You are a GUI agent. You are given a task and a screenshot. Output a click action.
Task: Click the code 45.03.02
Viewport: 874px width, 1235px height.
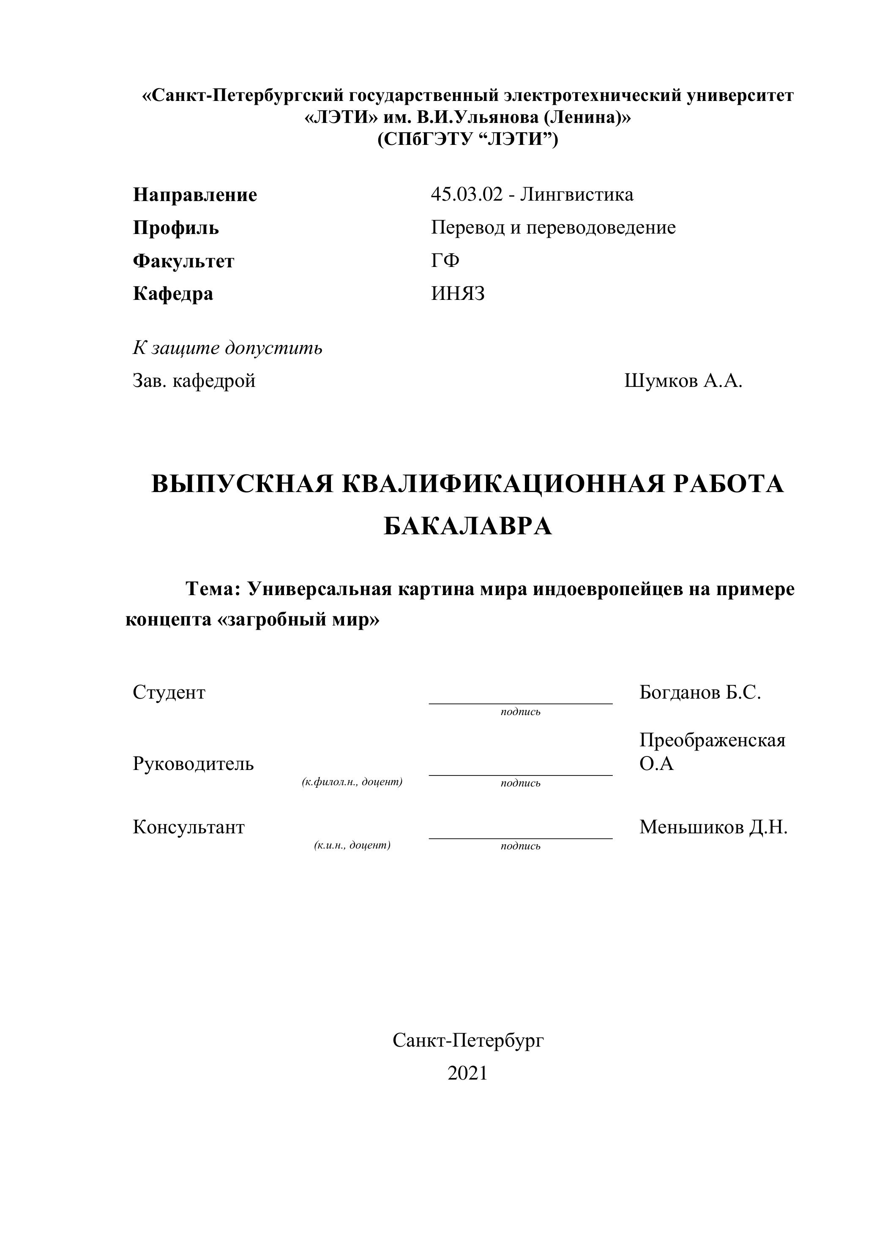[466, 194]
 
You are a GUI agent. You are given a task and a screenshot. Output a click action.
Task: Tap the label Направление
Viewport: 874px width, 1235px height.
[195, 195]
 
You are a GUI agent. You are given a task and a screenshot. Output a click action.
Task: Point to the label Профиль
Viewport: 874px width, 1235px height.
[176, 228]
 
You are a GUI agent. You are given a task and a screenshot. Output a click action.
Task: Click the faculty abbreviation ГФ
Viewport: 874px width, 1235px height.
[445, 261]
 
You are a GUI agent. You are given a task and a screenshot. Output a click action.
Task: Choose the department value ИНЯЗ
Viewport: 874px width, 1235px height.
[457, 294]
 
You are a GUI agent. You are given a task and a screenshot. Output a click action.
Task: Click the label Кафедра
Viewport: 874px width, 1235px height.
[173, 294]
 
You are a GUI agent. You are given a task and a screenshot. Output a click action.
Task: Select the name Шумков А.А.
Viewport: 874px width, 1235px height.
[683, 381]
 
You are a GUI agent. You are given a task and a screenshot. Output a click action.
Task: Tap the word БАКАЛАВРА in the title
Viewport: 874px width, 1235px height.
[468, 527]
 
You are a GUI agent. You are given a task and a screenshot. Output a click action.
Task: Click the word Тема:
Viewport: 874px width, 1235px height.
[212, 590]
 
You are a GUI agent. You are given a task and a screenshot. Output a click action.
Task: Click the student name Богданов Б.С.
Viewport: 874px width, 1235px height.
[699, 693]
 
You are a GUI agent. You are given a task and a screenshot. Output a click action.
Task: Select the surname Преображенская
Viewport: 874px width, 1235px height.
[712, 741]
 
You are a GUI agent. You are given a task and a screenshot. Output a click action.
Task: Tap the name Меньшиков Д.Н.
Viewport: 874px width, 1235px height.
[713, 827]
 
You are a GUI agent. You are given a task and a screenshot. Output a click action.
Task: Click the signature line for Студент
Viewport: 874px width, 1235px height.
[520, 702]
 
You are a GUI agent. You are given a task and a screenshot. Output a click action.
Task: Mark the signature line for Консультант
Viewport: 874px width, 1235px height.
[520, 838]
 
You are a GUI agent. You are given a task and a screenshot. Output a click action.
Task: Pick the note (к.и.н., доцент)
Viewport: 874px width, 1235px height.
[352, 845]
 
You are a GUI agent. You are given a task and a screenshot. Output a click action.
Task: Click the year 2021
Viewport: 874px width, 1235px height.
[467, 1073]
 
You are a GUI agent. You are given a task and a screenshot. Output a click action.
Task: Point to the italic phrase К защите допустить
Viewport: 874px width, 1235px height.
[228, 348]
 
